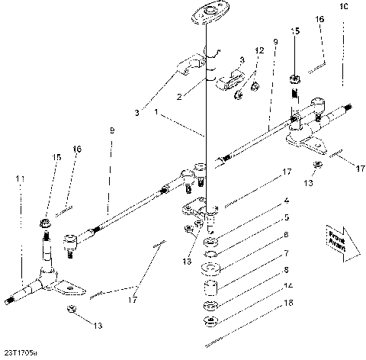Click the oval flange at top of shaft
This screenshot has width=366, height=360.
[204, 12]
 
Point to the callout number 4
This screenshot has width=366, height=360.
[264, 201]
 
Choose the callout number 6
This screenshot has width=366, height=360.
[264, 235]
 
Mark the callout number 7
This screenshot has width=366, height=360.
[264, 252]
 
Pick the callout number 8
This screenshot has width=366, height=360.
[264, 269]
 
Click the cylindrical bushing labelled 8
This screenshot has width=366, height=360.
[210, 290]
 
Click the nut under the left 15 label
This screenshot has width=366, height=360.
[46, 223]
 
